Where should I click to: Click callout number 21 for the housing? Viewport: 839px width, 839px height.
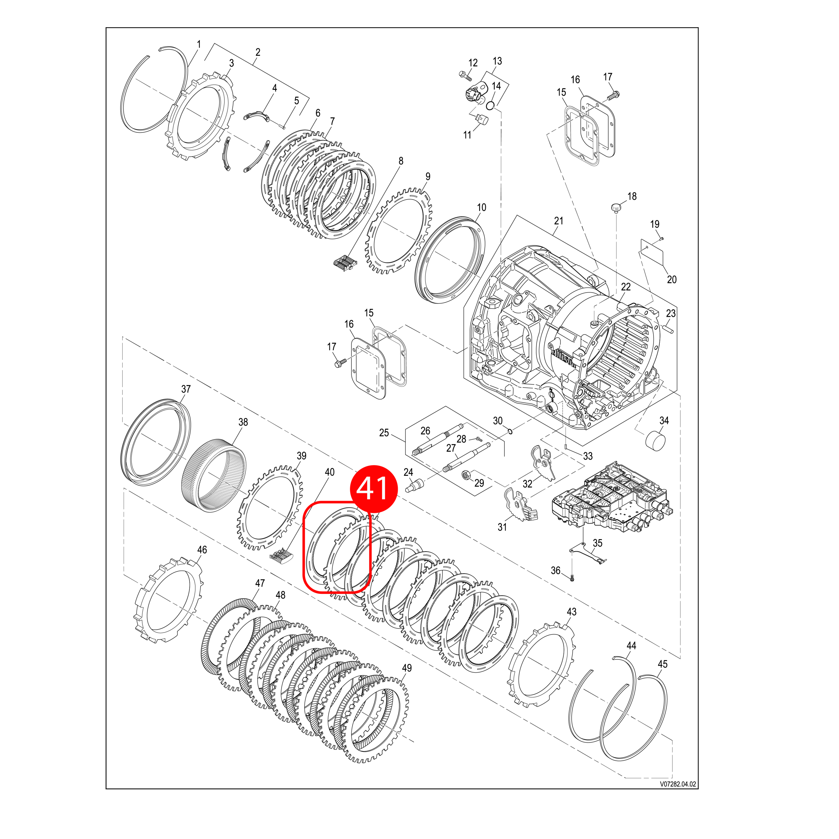pyautogui.click(x=558, y=221)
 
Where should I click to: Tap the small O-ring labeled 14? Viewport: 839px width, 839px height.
pyautogui.click(x=490, y=106)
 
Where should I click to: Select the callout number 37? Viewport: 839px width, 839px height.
pyautogui.click(x=186, y=389)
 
